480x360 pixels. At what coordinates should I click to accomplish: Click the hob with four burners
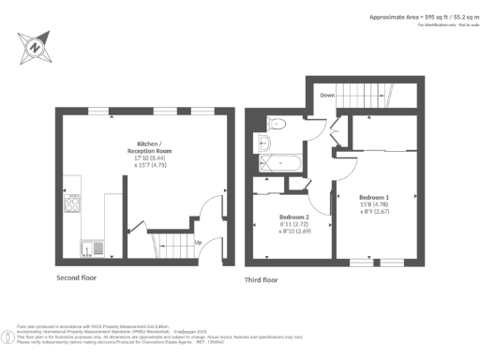coord(71,202)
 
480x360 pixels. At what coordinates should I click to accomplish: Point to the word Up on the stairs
coord(198,244)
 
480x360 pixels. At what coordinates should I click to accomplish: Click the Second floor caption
coord(75,278)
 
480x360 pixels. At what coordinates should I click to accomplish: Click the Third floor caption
coord(262,278)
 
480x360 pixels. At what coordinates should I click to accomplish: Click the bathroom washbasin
coord(263,143)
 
